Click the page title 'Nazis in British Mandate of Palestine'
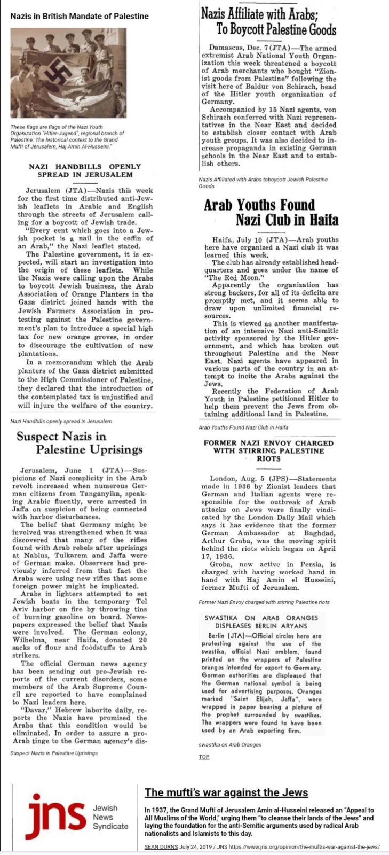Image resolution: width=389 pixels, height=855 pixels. pos(80,16)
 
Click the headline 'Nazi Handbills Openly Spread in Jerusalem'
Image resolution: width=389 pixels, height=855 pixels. pos(84,170)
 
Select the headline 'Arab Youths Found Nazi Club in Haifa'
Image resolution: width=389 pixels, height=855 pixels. pos(271,212)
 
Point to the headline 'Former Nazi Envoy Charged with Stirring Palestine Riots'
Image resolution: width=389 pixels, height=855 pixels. pos(268,450)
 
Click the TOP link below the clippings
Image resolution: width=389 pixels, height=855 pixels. pos(204,757)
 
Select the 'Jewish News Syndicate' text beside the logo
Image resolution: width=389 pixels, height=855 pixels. pos(110,817)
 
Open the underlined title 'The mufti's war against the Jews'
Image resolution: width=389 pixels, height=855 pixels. pos(226,792)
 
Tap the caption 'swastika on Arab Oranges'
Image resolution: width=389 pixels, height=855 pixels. pos(230,744)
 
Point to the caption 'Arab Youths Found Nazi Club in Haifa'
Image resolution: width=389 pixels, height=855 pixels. pos(243,428)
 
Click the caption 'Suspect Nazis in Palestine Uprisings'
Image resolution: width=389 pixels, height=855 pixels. pos(54,753)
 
